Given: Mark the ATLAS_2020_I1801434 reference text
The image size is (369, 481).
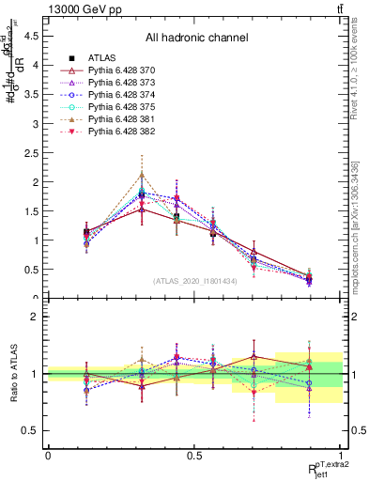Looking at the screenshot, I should pyautogui.click(x=195, y=281).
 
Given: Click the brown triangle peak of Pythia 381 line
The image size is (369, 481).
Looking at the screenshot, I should pyautogui.click(x=142, y=175).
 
